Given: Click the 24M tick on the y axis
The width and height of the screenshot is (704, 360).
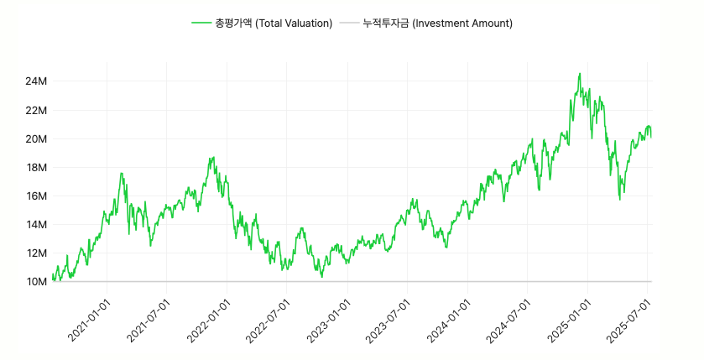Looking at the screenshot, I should click(x=36, y=81).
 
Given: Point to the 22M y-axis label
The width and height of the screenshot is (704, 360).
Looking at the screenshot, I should click(x=36, y=110).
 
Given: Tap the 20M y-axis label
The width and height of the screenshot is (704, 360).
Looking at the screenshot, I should click(x=36, y=138).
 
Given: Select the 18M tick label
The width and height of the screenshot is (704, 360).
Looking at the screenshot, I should click(x=36, y=167).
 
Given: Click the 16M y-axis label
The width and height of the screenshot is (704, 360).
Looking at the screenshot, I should click(x=36, y=196).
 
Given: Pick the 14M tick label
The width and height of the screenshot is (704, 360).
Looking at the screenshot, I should click(x=36, y=224).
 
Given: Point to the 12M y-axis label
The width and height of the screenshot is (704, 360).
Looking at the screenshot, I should click(x=36, y=253).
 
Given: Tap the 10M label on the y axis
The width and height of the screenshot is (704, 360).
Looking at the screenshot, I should click(x=36, y=281).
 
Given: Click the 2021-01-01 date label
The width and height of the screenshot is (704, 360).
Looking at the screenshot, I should click(x=89, y=319).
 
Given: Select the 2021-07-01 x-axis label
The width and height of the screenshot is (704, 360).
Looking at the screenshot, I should click(x=149, y=319).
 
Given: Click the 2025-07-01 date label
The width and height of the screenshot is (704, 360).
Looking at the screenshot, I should click(x=628, y=319).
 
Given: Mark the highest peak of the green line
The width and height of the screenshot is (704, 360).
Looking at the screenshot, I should click(x=580, y=74).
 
